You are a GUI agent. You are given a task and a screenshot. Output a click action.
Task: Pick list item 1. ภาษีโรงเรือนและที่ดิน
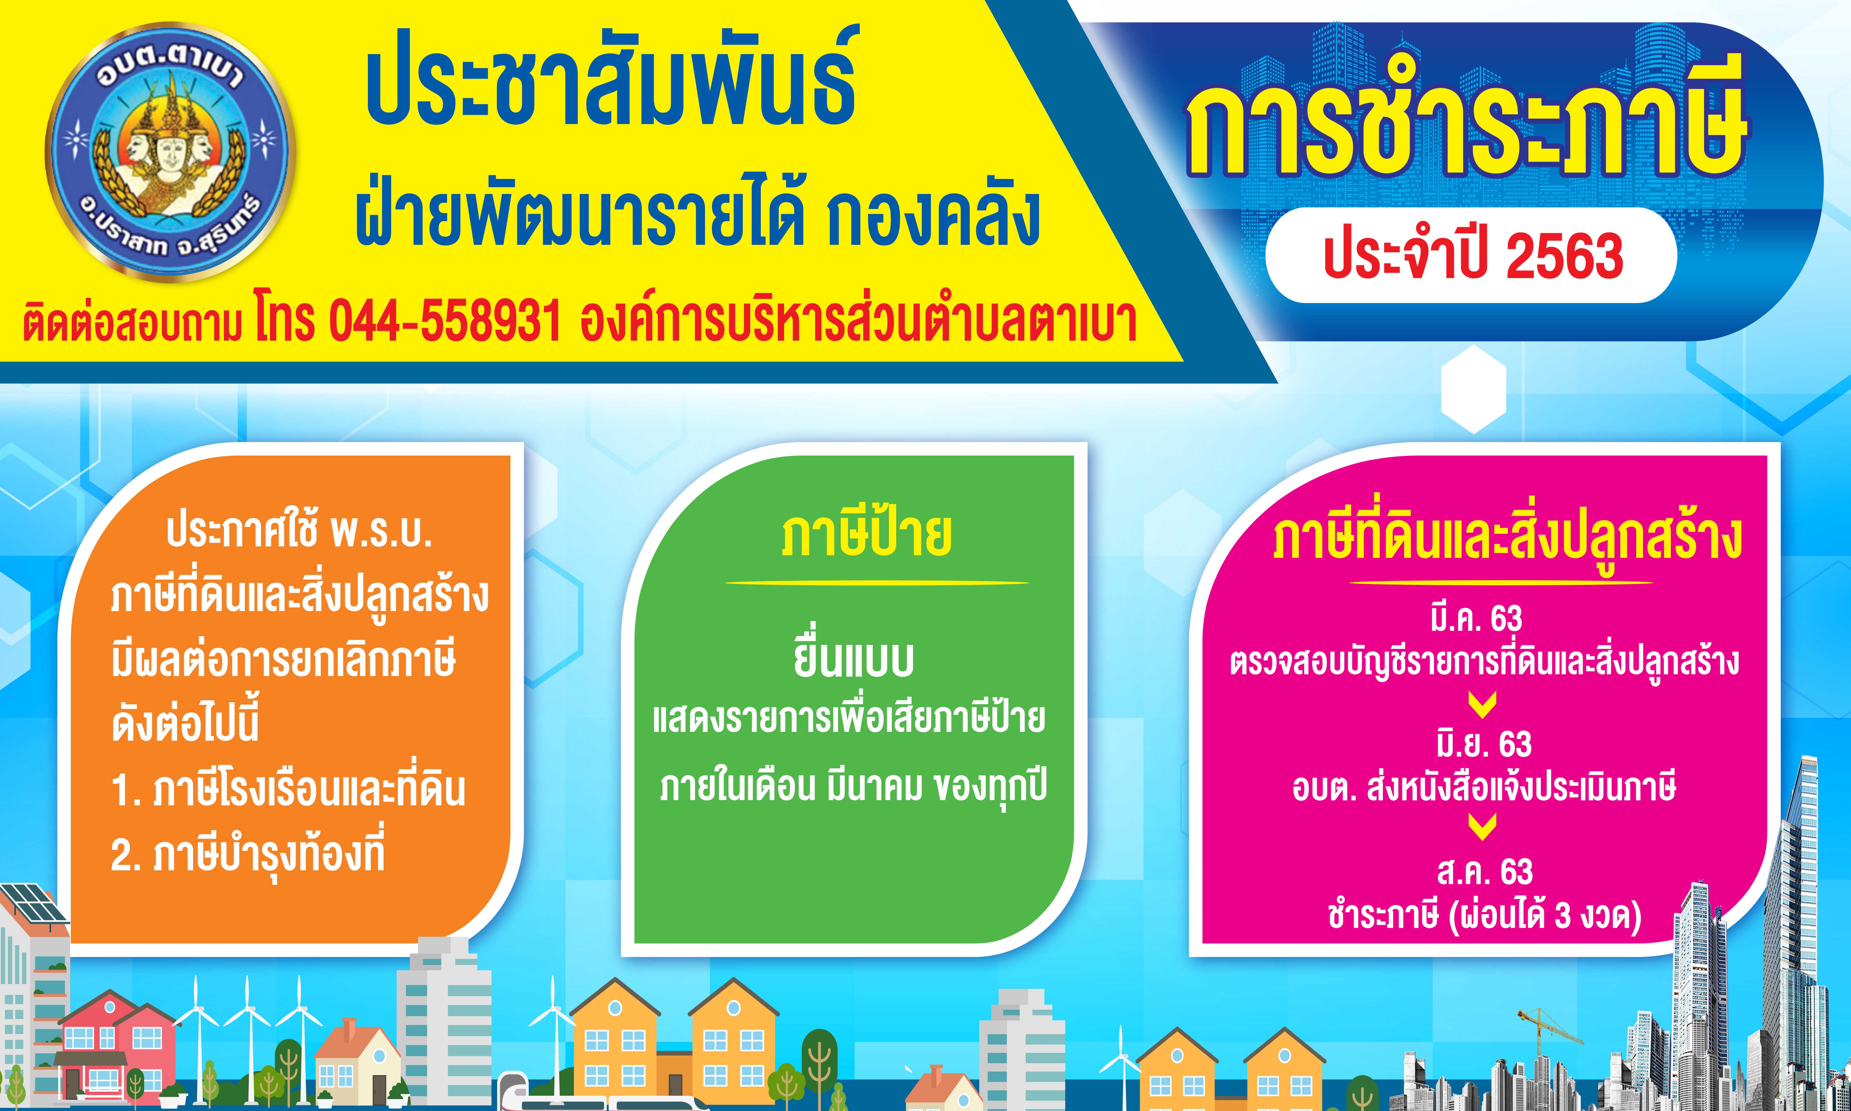(288, 791)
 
